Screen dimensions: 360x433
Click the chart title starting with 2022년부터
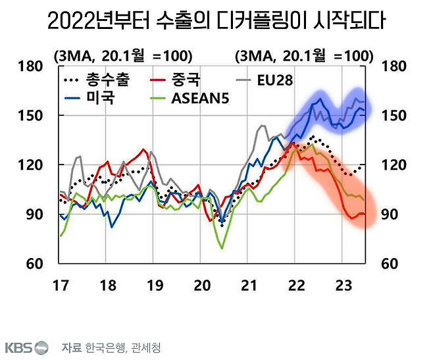(216, 22)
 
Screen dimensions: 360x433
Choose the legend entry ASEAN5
(201, 99)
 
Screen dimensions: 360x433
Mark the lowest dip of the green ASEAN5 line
(222, 247)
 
